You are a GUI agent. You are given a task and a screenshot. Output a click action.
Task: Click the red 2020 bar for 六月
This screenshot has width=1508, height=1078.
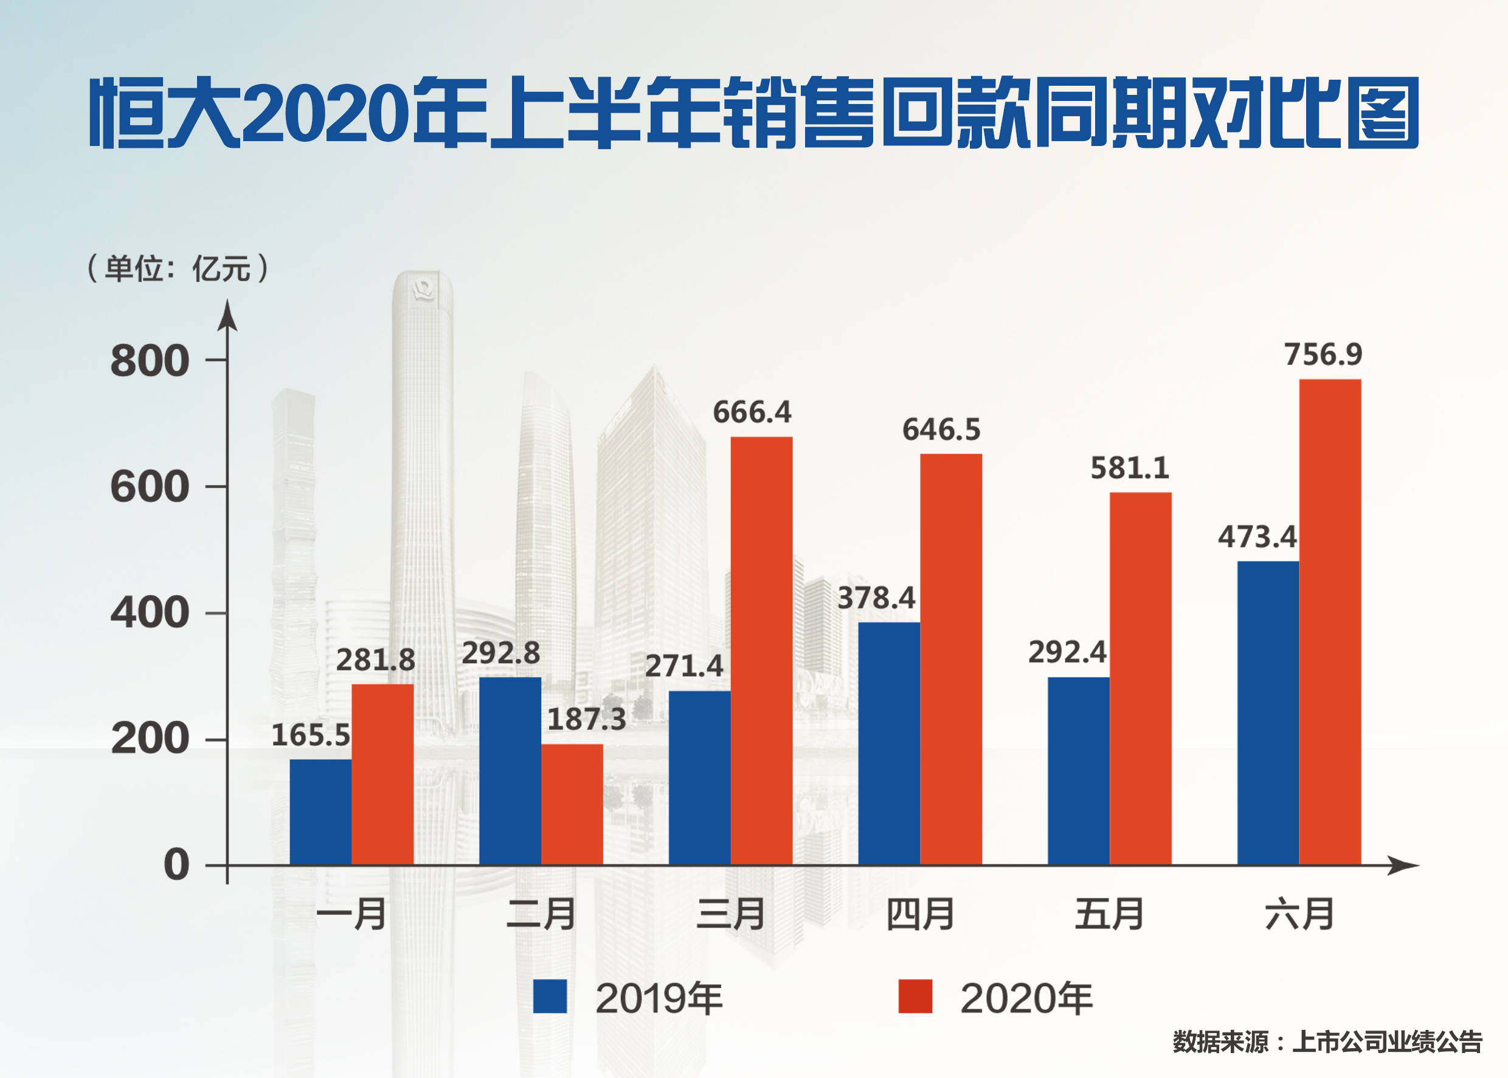1330,621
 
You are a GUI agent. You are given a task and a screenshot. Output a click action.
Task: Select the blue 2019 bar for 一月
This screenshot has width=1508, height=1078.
320,811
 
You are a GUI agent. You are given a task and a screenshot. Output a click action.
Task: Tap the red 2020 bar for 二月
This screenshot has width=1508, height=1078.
572,804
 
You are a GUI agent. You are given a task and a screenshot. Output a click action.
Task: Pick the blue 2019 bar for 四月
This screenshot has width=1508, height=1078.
888,743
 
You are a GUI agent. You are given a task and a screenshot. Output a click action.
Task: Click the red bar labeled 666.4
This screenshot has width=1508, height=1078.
761,650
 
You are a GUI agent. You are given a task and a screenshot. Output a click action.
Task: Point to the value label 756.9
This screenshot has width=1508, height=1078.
1323,355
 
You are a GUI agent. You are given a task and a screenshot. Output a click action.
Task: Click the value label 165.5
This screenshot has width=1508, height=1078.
311,735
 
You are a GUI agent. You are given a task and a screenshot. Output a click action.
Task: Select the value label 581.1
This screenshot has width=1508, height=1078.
1130,468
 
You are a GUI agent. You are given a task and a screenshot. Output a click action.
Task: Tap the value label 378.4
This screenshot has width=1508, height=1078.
876,598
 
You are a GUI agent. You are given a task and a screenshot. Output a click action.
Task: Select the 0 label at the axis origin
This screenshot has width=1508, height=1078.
176,864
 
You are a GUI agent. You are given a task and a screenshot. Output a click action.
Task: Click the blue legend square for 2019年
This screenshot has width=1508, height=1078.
550,996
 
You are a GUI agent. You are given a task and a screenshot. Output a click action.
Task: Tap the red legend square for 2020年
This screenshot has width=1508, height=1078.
915,996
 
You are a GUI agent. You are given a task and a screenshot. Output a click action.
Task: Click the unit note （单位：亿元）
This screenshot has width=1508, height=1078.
178,268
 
